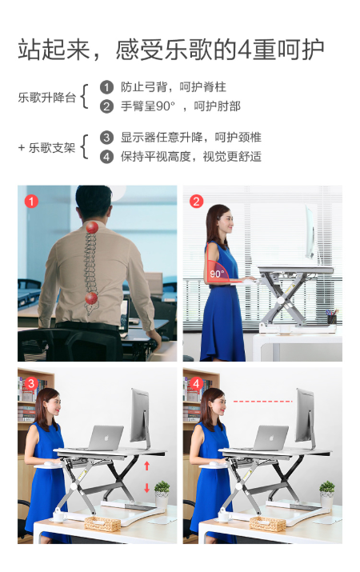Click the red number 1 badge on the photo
[31, 201]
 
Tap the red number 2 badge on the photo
[196, 201]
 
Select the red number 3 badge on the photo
[31, 383]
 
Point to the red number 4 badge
[196, 383]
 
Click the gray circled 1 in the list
[106, 87]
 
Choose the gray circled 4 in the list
[106, 157]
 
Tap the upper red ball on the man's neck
[92, 227]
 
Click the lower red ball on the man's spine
[91, 298]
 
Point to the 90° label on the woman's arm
[217, 274]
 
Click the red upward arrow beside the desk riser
[146, 466]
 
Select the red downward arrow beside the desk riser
[146, 488]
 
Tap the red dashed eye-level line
[263, 402]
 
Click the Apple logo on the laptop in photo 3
[107, 438]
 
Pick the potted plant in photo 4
[327, 494]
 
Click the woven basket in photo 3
[102, 524]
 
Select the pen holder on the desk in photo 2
[332, 317]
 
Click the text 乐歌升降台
[47, 98]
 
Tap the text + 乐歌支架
[46, 148]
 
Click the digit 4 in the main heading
[245, 50]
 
